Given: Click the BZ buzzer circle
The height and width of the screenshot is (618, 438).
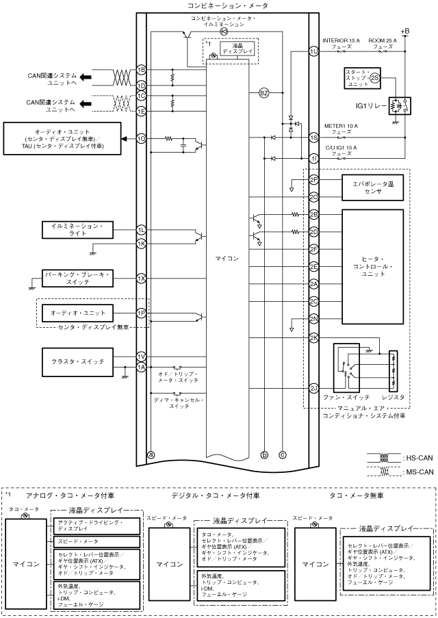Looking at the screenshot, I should click(x=263, y=94).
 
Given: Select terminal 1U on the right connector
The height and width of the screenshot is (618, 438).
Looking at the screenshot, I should click(x=314, y=51).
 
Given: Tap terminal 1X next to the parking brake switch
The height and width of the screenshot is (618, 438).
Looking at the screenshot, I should click(x=141, y=279).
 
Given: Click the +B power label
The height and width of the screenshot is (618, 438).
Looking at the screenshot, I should click(x=404, y=31).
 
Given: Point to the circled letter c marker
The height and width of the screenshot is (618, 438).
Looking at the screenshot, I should click(x=282, y=453).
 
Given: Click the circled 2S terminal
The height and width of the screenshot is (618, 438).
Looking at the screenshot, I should click(x=374, y=79).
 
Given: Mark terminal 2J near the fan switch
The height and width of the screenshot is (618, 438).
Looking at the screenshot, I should click(x=314, y=388).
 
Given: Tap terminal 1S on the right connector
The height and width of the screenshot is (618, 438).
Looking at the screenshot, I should click(x=314, y=138).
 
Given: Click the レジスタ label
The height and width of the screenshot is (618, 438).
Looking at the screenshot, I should click(x=392, y=397).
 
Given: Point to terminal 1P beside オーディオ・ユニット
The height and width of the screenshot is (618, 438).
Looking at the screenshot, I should click(x=141, y=313).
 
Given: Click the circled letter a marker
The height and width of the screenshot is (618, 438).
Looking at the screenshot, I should click(x=151, y=453).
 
